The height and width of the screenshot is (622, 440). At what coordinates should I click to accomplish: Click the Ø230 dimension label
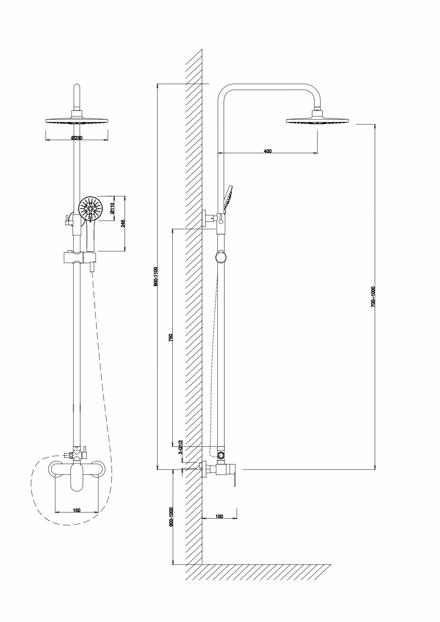[77, 138]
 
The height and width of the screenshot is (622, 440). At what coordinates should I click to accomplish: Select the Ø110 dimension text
[112, 208]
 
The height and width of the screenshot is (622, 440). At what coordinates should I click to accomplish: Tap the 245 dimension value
[123, 223]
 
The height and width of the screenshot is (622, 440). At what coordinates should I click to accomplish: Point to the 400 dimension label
[268, 151]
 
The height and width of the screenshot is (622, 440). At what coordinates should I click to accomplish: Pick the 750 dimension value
[171, 337]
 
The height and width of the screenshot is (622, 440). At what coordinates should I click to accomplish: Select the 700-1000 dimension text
[373, 296]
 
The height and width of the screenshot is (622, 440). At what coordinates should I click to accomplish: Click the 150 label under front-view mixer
[77, 510]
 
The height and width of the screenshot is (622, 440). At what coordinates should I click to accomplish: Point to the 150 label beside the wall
[219, 516]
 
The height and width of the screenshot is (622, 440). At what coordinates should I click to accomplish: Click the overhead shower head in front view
[77, 120]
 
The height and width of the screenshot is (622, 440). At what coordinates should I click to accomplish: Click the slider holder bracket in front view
[79, 257]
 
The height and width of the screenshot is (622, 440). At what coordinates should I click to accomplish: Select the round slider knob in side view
[221, 256]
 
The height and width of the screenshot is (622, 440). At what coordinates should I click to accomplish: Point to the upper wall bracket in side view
[207, 218]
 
